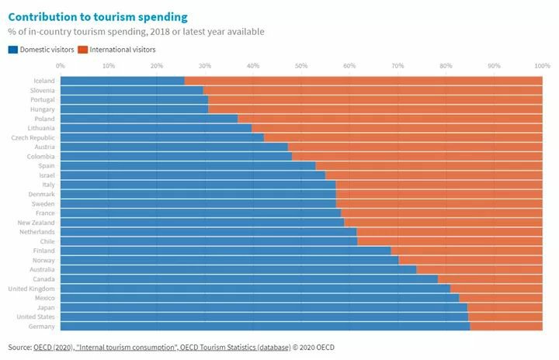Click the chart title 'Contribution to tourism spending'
97,16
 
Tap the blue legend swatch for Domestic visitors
12,50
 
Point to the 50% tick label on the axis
301,66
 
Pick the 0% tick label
61,66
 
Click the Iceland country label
43,81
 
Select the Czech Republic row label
33,137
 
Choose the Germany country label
41,327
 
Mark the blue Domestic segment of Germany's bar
264,327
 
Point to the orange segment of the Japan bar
505,307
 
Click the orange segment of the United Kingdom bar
497,289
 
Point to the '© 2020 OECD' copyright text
314,347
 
